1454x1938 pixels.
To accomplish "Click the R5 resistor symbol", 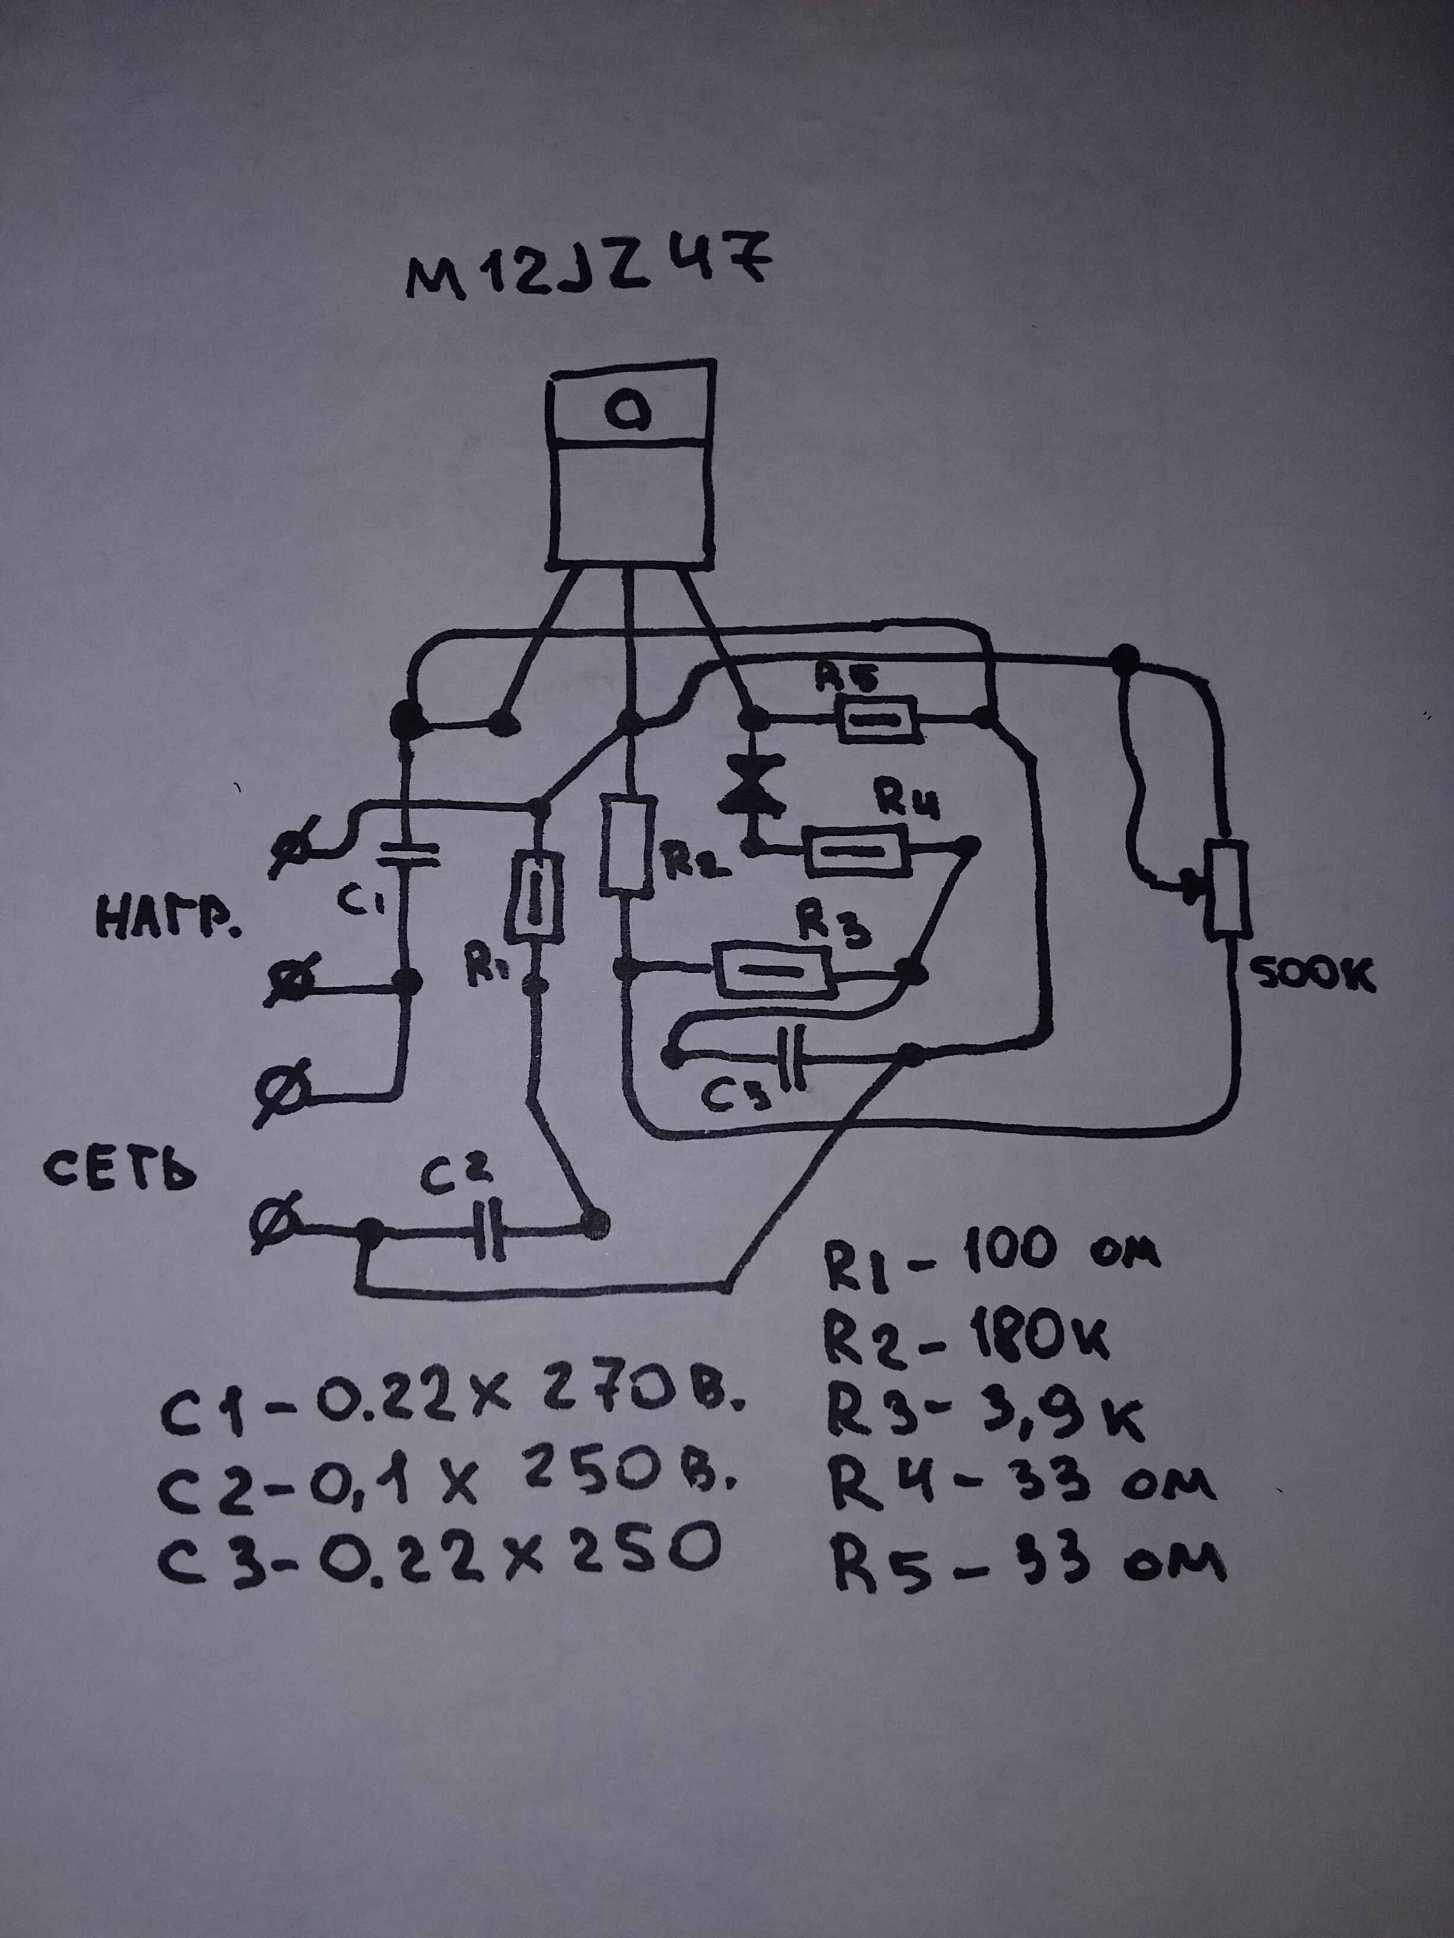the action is click(878, 719).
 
